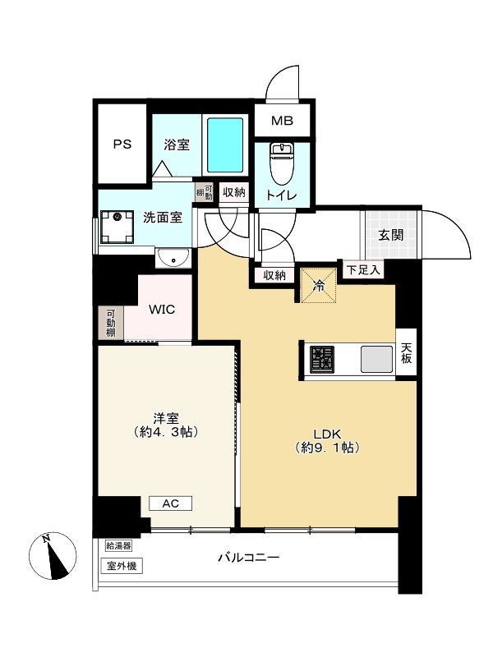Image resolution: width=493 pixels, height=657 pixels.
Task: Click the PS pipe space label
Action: [122, 145]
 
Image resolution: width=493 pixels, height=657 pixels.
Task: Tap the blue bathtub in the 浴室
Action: [225, 145]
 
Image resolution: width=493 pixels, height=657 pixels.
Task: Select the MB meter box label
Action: [282, 121]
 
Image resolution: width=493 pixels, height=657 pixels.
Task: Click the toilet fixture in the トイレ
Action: [282, 163]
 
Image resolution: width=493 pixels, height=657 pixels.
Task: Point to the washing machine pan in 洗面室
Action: [117, 227]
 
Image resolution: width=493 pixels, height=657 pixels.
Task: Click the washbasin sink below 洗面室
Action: [173, 258]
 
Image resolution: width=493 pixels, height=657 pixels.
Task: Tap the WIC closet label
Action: [162, 310]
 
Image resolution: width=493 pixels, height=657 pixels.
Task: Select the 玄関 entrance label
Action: [391, 235]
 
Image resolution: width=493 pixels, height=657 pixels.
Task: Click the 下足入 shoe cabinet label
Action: [363, 270]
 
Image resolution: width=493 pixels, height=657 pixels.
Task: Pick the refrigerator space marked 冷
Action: [319, 285]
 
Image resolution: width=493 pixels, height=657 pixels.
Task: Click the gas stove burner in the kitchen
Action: [322, 360]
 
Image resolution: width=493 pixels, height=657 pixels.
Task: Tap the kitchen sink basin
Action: [377, 360]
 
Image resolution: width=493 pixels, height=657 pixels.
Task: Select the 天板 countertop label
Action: [406, 353]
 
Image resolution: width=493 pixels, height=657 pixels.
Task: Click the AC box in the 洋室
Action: [171, 503]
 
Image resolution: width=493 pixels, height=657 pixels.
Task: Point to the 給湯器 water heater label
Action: [118, 545]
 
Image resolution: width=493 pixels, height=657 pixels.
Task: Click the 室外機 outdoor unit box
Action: [122, 566]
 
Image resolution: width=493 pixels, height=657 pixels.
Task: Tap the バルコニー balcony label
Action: [249, 558]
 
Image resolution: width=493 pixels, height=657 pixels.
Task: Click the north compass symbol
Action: [53, 556]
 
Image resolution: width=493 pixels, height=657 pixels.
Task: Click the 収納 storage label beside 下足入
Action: [274, 276]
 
